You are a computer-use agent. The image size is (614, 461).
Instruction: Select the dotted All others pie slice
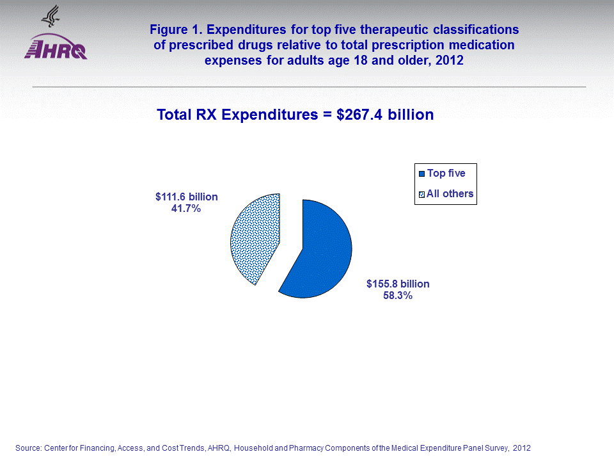(253, 237)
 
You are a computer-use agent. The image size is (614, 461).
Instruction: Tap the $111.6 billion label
(186, 197)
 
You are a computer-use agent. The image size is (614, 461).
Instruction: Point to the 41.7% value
(186, 208)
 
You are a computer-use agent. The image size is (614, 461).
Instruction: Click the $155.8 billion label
(397, 284)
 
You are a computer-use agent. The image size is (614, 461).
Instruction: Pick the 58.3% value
(397, 296)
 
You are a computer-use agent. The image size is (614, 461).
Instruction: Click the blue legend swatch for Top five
(421, 174)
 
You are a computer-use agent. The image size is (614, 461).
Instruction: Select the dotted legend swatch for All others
(421, 194)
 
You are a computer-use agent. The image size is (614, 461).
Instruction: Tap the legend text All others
(450, 193)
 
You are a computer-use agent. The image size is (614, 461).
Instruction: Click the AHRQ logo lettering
(56, 51)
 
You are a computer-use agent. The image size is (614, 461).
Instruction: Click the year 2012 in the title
(450, 61)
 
